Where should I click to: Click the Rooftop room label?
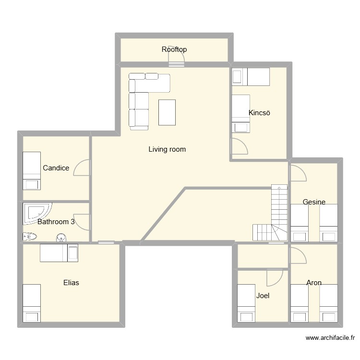(174, 49)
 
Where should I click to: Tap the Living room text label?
(167, 149)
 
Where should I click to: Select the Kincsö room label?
(260, 113)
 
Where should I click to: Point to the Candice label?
(56, 168)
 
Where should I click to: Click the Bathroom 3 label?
(56, 222)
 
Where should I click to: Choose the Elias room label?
(71, 283)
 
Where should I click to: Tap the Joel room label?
(263, 296)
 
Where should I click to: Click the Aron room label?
(314, 283)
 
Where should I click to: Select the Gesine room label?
(314, 202)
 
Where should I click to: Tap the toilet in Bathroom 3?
(29, 236)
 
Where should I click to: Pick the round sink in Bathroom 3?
(61, 237)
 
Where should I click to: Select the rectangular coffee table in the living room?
(167, 112)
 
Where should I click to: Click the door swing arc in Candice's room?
(82, 168)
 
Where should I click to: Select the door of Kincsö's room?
(239, 146)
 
